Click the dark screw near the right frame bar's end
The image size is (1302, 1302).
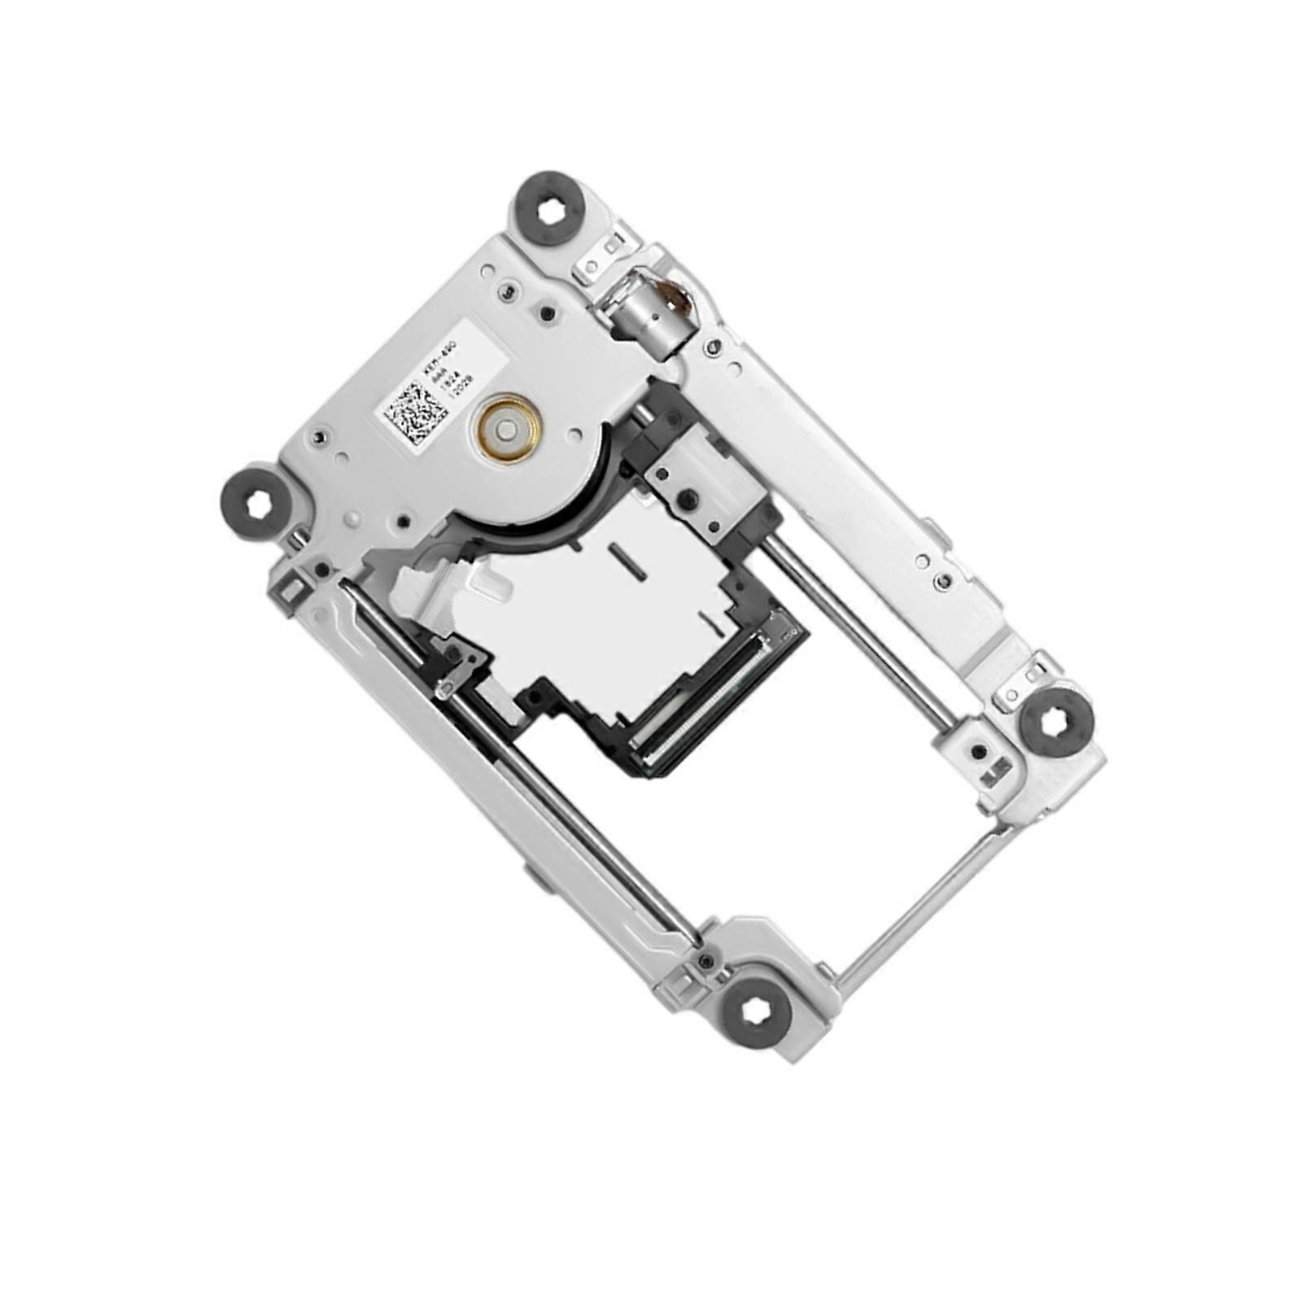[943, 580]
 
